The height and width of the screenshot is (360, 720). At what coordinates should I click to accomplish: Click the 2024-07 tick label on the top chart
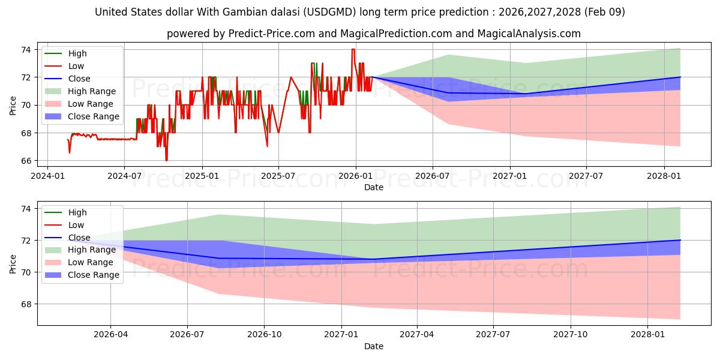(124, 175)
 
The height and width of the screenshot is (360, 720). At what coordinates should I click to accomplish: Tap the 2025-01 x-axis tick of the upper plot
(202, 175)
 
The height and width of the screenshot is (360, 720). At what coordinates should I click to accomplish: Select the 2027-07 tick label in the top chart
(586, 175)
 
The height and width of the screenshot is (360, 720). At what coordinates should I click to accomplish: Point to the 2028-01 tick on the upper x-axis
(664, 175)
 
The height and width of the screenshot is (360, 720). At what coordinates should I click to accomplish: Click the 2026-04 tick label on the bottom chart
(111, 334)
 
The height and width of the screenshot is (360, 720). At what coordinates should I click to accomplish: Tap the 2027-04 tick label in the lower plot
(417, 334)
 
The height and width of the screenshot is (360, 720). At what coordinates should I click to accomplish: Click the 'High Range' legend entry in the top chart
(92, 91)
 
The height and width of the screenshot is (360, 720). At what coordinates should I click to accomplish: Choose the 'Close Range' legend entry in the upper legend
(94, 116)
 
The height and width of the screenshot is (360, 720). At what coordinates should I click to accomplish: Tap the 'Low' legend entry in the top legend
(76, 66)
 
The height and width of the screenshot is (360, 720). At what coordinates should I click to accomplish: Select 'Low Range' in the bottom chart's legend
(91, 262)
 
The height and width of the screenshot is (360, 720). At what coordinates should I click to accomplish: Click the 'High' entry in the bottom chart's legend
(77, 212)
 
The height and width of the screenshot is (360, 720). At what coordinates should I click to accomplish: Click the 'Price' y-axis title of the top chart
(13, 105)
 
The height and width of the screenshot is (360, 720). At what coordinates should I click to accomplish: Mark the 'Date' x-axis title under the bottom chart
(373, 346)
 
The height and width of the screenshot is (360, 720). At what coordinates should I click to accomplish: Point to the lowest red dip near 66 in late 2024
(166, 160)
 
